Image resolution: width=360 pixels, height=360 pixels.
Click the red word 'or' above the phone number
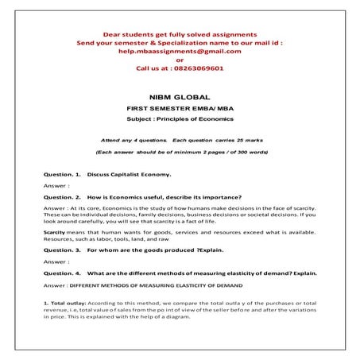tap(180, 60)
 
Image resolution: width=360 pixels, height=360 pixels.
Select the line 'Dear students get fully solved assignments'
tap(180, 34)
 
